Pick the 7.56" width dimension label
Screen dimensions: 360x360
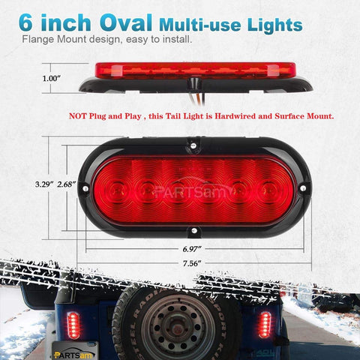(x=191, y=263)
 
